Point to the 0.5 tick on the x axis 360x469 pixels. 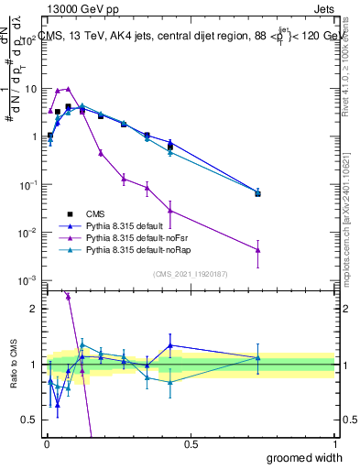click(191, 442)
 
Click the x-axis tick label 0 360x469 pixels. click(46, 442)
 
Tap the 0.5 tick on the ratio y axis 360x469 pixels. click(31, 420)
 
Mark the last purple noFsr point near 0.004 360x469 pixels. click(258, 250)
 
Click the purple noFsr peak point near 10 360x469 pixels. click(68, 89)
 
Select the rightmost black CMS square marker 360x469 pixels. click(258, 193)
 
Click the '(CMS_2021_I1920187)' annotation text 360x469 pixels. click(191, 273)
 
